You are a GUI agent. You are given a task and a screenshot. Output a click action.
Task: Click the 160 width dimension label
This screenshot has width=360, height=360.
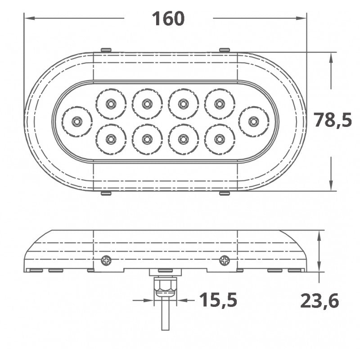(168, 18)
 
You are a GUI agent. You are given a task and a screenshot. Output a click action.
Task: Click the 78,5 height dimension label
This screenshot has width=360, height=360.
(332, 121)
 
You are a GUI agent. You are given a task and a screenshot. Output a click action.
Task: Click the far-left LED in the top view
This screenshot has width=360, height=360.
(77, 121)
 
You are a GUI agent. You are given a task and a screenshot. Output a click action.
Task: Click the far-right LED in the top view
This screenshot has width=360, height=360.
(254, 121)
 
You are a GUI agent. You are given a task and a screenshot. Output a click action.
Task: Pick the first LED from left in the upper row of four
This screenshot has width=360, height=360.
(110, 104)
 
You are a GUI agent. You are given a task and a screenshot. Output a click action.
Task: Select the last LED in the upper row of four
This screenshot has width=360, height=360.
(219, 104)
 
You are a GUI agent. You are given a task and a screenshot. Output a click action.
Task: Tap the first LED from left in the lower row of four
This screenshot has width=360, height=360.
(110, 139)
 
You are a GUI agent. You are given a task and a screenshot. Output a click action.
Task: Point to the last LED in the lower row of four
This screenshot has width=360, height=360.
(219, 139)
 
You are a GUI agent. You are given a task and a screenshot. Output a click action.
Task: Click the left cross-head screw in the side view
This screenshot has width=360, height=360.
(106, 260)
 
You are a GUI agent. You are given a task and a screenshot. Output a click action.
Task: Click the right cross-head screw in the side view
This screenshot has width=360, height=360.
(224, 260)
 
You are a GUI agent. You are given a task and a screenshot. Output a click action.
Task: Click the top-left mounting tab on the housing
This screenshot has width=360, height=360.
(106, 49)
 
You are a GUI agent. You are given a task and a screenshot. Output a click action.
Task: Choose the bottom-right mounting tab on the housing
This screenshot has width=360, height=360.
(224, 193)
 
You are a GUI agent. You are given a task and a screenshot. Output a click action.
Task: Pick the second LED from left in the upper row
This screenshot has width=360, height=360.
(147, 104)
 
